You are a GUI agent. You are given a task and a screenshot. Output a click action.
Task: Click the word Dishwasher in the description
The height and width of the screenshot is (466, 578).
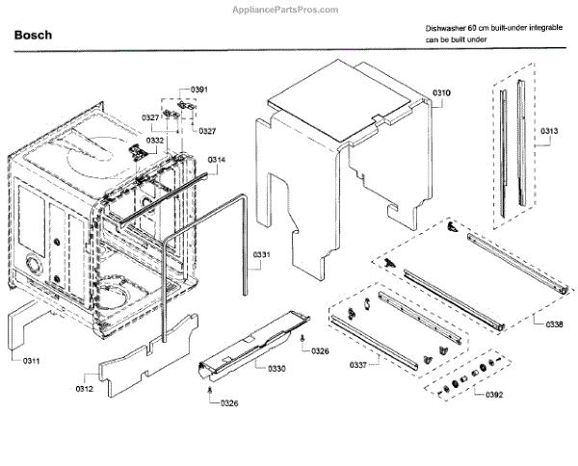pos(445,30)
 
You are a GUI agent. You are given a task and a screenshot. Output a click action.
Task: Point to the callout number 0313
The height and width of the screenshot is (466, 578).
pos(550,131)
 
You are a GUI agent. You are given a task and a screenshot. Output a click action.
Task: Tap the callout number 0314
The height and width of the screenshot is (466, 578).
pos(217,160)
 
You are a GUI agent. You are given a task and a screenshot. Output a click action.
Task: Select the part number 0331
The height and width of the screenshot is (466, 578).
pos(261,254)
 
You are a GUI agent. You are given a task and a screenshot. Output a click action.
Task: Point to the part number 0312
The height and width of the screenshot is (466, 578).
pos(87,389)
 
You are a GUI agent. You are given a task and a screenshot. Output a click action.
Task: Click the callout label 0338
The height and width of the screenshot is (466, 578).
pos(554,324)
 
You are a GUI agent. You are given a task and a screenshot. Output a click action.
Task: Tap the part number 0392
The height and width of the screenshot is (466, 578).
pos(494,395)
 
